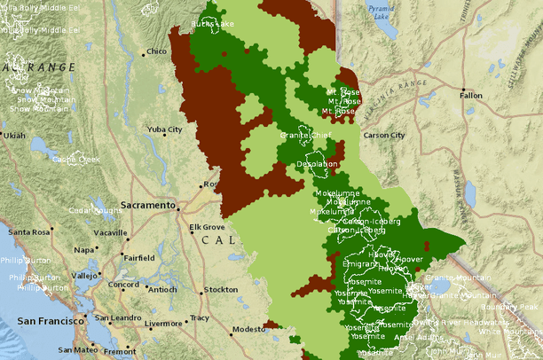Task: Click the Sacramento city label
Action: point(149,205)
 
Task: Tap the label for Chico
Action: point(156,51)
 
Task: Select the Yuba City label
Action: point(164,129)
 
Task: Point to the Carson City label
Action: point(383,135)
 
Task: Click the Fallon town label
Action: point(471,95)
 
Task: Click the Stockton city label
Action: point(220,290)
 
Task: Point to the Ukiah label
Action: point(14,136)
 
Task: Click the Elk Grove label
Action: point(207,227)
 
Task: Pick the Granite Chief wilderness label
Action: point(281,134)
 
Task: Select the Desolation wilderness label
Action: point(317,164)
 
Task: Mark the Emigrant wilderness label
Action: point(359,263)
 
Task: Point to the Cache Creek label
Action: point(75,160)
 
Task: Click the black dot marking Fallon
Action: point(462,89)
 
